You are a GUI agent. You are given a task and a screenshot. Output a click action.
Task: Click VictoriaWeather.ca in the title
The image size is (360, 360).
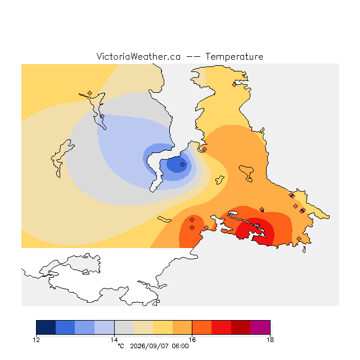[138, 57]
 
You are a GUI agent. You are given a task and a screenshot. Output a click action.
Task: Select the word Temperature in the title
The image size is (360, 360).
[234, 57]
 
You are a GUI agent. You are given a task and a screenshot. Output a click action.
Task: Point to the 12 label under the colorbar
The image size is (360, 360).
[36, 340]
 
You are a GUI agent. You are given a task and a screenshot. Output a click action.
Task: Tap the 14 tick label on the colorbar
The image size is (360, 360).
[114, 340]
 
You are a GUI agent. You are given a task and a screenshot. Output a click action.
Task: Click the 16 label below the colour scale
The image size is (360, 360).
[192, 340]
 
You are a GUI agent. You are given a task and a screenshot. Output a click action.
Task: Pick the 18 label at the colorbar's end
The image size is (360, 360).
[270, 340]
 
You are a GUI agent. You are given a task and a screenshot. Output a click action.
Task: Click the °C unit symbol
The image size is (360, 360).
[121, 346]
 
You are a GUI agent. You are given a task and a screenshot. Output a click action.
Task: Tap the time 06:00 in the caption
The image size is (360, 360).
[180, 346]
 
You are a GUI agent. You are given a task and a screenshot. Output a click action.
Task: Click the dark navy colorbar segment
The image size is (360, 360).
[46, 327]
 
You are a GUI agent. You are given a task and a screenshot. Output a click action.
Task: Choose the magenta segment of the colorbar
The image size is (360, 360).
[260, 327]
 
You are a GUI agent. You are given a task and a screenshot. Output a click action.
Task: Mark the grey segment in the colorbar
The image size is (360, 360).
[124, 327]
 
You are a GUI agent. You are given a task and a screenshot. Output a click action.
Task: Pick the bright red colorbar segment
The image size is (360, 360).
[221, 327]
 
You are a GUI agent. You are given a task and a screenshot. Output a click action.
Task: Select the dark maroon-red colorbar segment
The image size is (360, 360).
[241, 327]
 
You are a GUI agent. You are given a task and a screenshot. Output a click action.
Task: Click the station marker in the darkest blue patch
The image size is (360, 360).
[182, 164]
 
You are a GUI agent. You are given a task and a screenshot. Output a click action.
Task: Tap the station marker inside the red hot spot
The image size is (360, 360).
[258, 225]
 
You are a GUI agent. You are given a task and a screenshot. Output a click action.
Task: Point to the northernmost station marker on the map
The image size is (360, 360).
[234, 84]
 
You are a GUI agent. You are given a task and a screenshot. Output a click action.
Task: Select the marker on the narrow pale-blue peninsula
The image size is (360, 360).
[102, 116]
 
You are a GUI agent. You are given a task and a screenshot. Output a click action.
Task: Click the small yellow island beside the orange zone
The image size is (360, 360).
[220, 180]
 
